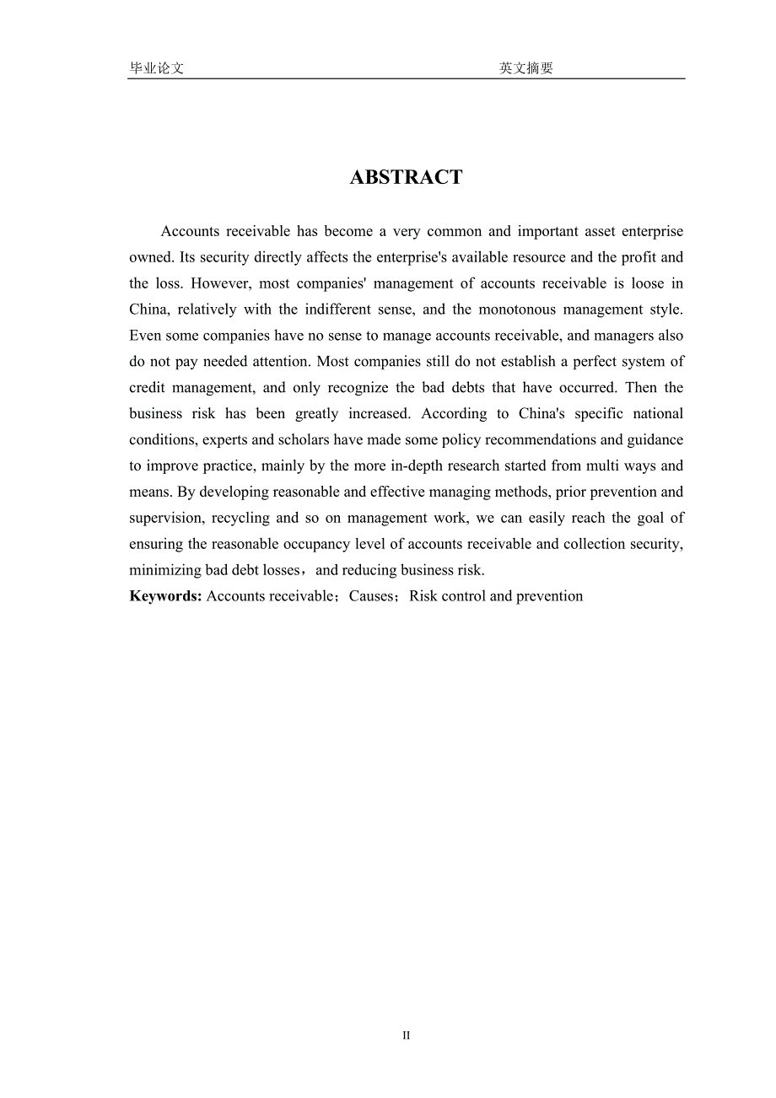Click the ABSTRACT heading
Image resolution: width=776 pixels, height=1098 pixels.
click(x=406, y=177)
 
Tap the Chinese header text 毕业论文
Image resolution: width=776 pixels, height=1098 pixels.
click(x=157, y=68)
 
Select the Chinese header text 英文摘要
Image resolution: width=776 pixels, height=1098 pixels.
click(x=525, y=68)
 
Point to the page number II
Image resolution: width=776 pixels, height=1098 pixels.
click(x=406, y=1036)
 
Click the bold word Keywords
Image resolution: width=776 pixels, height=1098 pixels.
click(x=165, y=596)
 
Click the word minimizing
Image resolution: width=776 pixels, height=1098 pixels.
click(x=165, y=570)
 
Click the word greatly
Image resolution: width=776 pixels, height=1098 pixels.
click(x=316, y=414)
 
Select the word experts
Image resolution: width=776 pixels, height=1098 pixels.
click(x=223, y=439)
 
